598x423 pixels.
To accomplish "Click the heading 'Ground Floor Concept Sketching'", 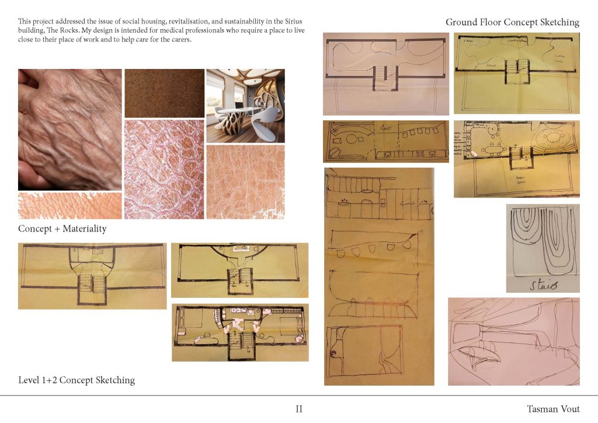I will tap(512, 22).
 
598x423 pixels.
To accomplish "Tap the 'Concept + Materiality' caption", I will tap(62, 228).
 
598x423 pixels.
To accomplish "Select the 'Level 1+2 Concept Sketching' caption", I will tap(77, 380).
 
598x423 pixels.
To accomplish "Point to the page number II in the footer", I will tap(299, 409).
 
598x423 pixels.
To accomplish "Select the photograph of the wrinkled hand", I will tap(69, 129).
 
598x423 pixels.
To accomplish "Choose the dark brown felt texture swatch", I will tap(164, 93).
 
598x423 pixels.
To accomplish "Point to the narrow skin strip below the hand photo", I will tap(69, 206).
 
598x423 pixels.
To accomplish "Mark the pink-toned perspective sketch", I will tap(513, 341).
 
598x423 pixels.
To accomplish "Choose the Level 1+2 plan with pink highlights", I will tap(240, 332).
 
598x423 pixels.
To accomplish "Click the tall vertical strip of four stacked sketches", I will tap(378, 276).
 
